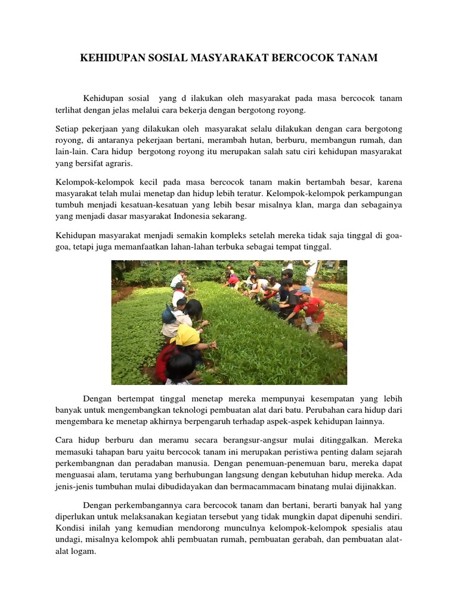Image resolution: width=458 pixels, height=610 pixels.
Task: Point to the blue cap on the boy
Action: click(304, 291)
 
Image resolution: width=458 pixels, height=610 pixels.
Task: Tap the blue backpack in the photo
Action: click(169, 314)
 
